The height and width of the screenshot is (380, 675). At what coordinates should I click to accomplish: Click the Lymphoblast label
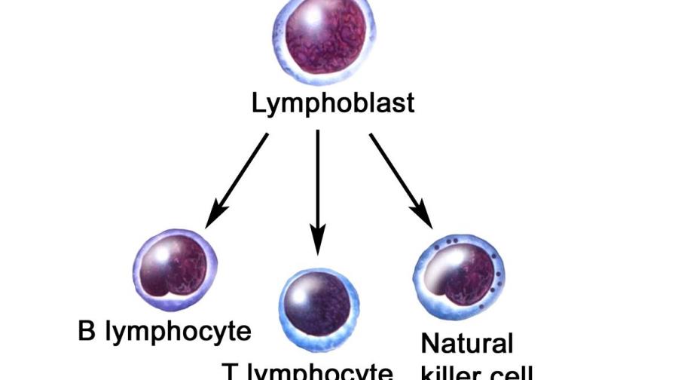[332, 102]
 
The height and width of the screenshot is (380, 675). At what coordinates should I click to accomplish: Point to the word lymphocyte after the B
[177, 332]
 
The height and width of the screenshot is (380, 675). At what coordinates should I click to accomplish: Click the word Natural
[467, 343]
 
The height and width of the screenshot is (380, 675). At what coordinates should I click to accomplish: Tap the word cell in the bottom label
[512, 372]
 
